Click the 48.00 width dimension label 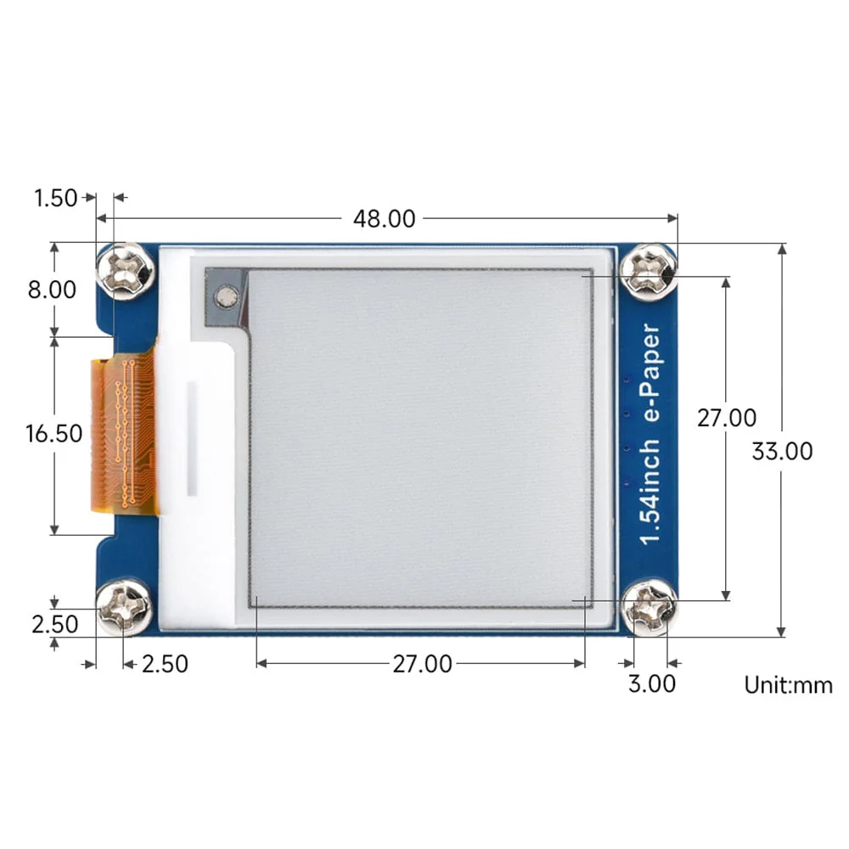point(384,219)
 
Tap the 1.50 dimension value point(55,199)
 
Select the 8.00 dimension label point(52,290)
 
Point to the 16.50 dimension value point(54,434)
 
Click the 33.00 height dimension point(782,451)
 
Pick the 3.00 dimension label point(652,683)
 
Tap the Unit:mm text point(789,685)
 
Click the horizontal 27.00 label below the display point(421,664)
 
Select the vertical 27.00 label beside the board point(727,418)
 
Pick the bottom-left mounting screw point(125,606)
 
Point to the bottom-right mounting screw point(649,606)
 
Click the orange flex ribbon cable point(123,435)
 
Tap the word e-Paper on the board point(651,374)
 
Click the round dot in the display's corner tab point(225,296)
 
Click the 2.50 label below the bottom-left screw point(165,664)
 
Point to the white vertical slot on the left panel point(193,438)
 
